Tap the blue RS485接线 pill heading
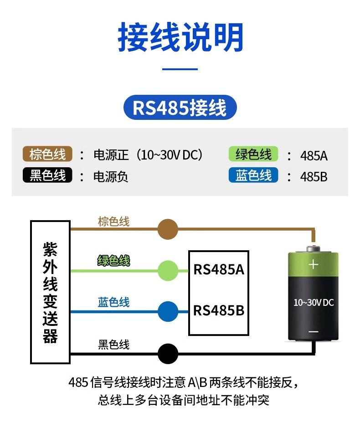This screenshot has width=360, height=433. (180, 108)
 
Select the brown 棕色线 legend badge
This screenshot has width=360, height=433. (47, 155)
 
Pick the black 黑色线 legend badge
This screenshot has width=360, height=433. (47, 175)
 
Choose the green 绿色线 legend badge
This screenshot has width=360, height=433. (253, 155)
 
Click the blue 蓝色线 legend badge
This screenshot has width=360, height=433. (253, 175)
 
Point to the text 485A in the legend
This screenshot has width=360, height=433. (314, 156)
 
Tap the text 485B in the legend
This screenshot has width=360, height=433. (314, 177)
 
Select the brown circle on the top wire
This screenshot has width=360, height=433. (168, 229)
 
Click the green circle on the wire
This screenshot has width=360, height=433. (168, 270)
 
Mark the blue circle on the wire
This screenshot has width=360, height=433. (168, 312)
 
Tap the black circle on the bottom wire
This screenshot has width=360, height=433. (168, 353)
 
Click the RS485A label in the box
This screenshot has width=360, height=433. (219, 269)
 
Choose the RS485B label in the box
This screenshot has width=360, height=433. (219, 311)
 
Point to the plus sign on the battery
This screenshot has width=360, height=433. (313, 264)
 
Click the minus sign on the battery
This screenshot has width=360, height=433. (313, 331)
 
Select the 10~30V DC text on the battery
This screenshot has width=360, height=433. (314, 302)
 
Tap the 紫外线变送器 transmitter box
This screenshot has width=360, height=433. (50, 292)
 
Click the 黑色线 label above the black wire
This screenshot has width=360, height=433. (114, 345)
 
